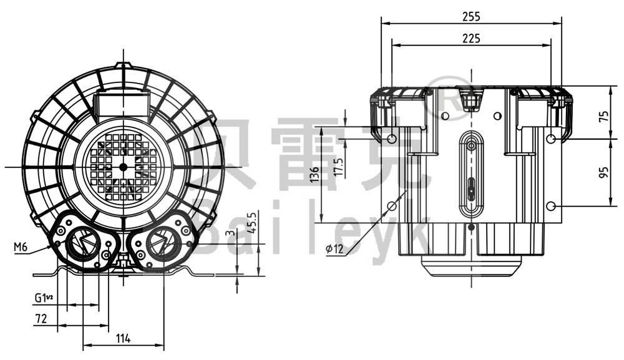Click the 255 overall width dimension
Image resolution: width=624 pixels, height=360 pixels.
click(x=471, y=17)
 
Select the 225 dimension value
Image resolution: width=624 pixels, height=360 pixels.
click(x=471, y=39)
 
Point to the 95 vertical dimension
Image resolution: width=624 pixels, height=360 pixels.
click(x=602, y=172)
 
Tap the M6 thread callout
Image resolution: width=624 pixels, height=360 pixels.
click(x=21, y=247)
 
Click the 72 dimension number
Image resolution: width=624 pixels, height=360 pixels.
click(x=41, y=318)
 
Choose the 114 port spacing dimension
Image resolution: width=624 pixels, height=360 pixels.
click(x=123, y=338)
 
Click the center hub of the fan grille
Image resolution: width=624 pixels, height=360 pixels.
click(x=122, y=167)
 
